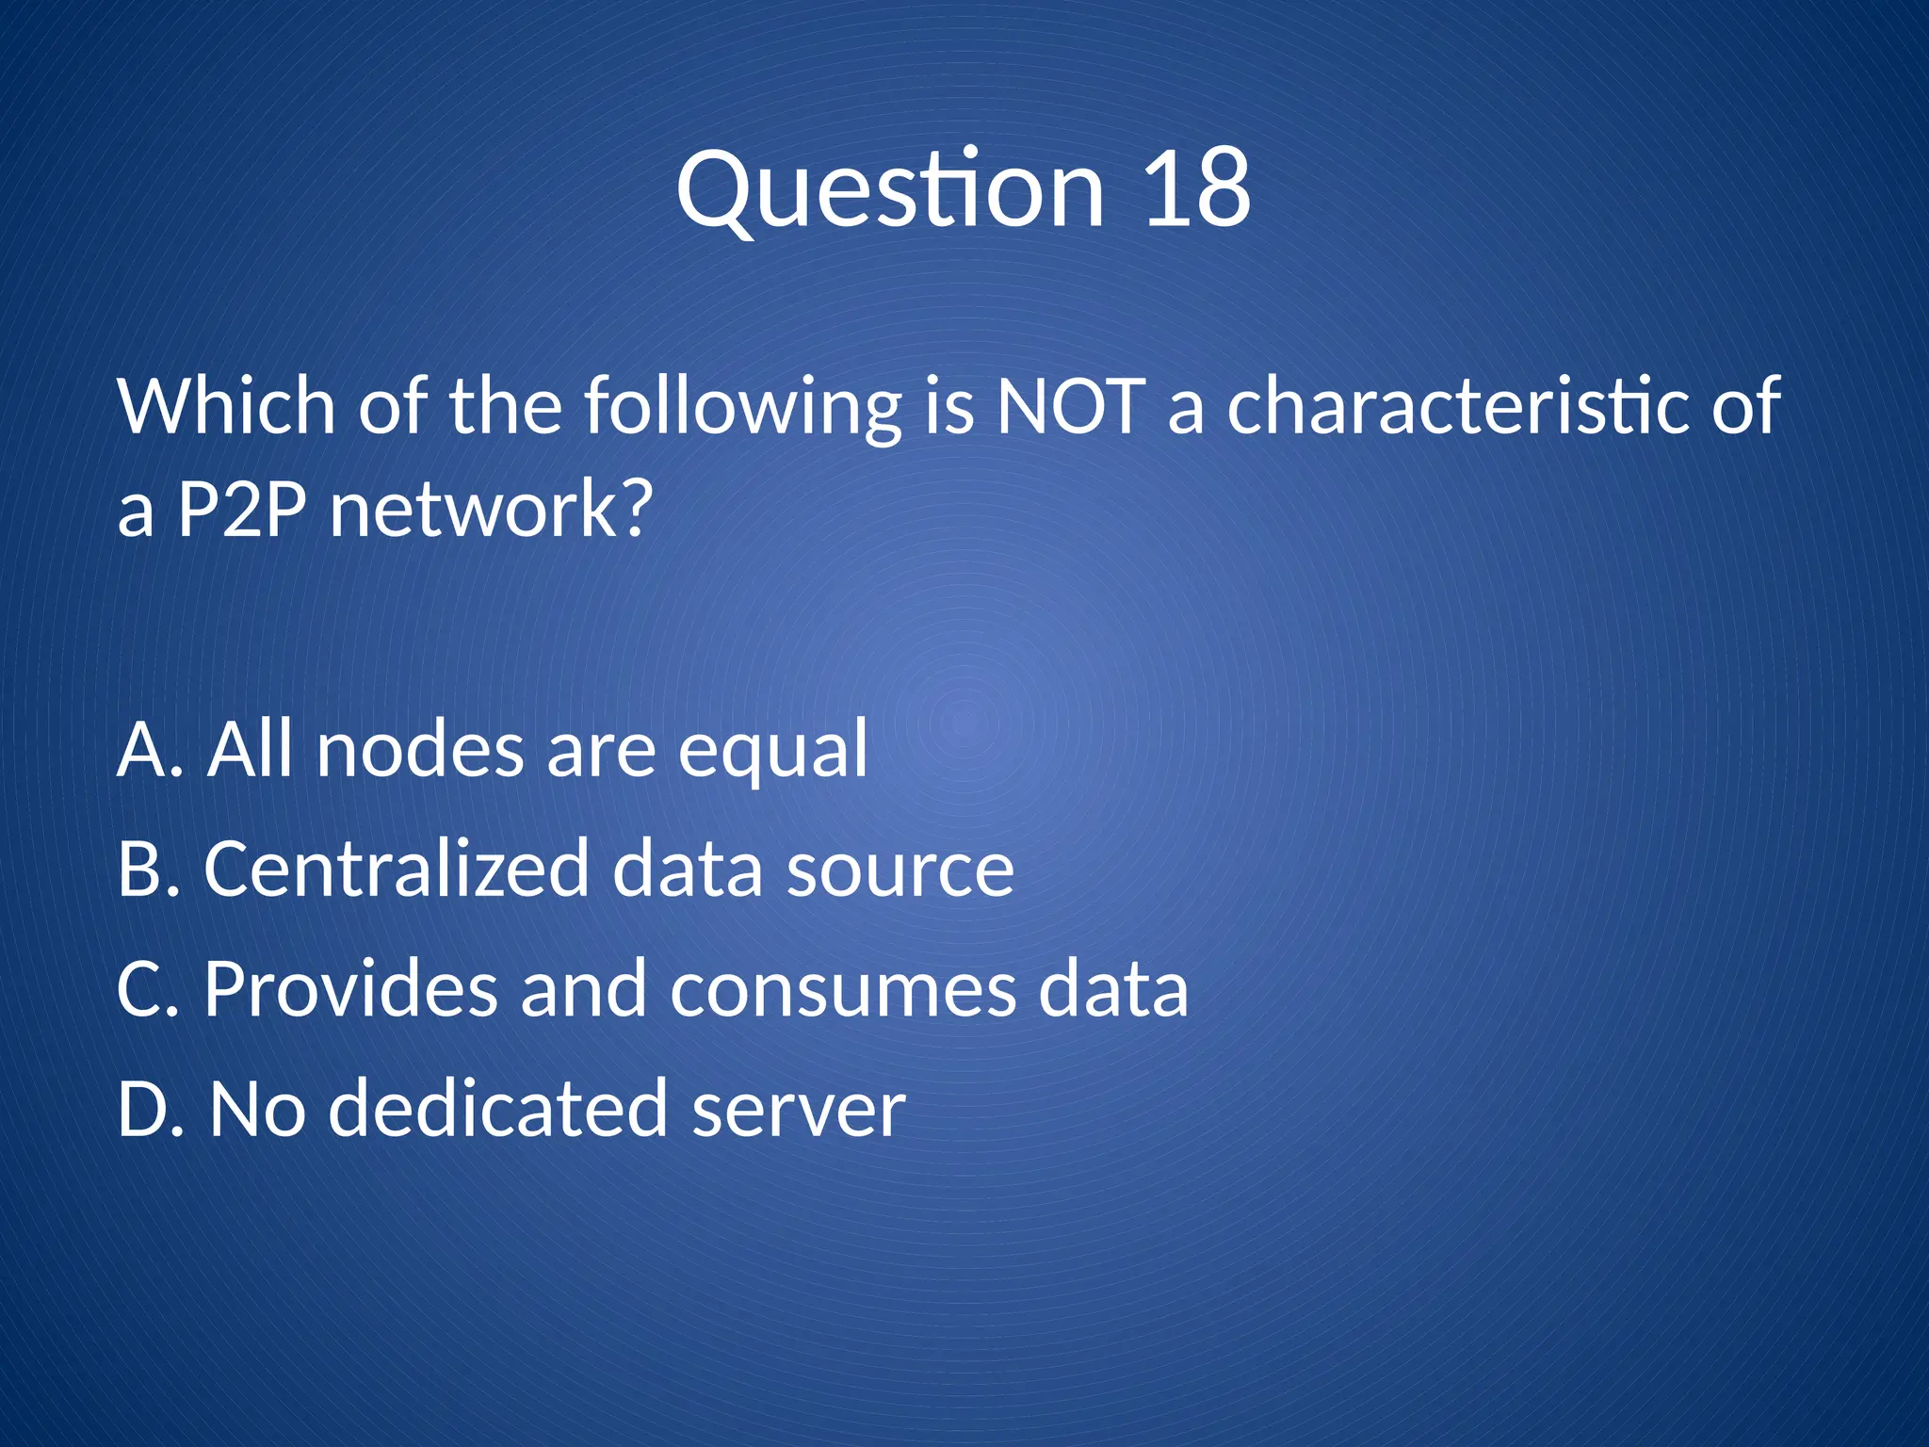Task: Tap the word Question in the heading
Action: coord(889,191)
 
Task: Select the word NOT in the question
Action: coord(1071,406)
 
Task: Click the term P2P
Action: coord(242,509)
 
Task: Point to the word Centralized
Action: coord(397,869)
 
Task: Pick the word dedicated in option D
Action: coord(498,1109)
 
